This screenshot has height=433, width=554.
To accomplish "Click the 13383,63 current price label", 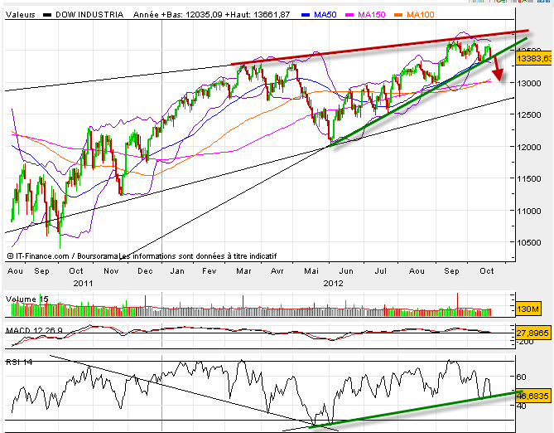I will [534, 59].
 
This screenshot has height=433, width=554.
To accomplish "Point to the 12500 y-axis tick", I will [528, 115].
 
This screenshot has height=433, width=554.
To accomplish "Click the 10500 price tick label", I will [528, 243].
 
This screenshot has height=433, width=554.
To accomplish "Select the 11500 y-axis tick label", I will [528, 179].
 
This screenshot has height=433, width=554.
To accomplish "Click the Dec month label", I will [145, 270].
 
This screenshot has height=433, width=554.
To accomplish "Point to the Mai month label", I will [312, 270].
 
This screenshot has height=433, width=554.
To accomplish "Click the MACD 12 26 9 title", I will [33, 329].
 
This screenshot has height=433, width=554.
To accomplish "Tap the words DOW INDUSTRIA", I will [89, 14].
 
